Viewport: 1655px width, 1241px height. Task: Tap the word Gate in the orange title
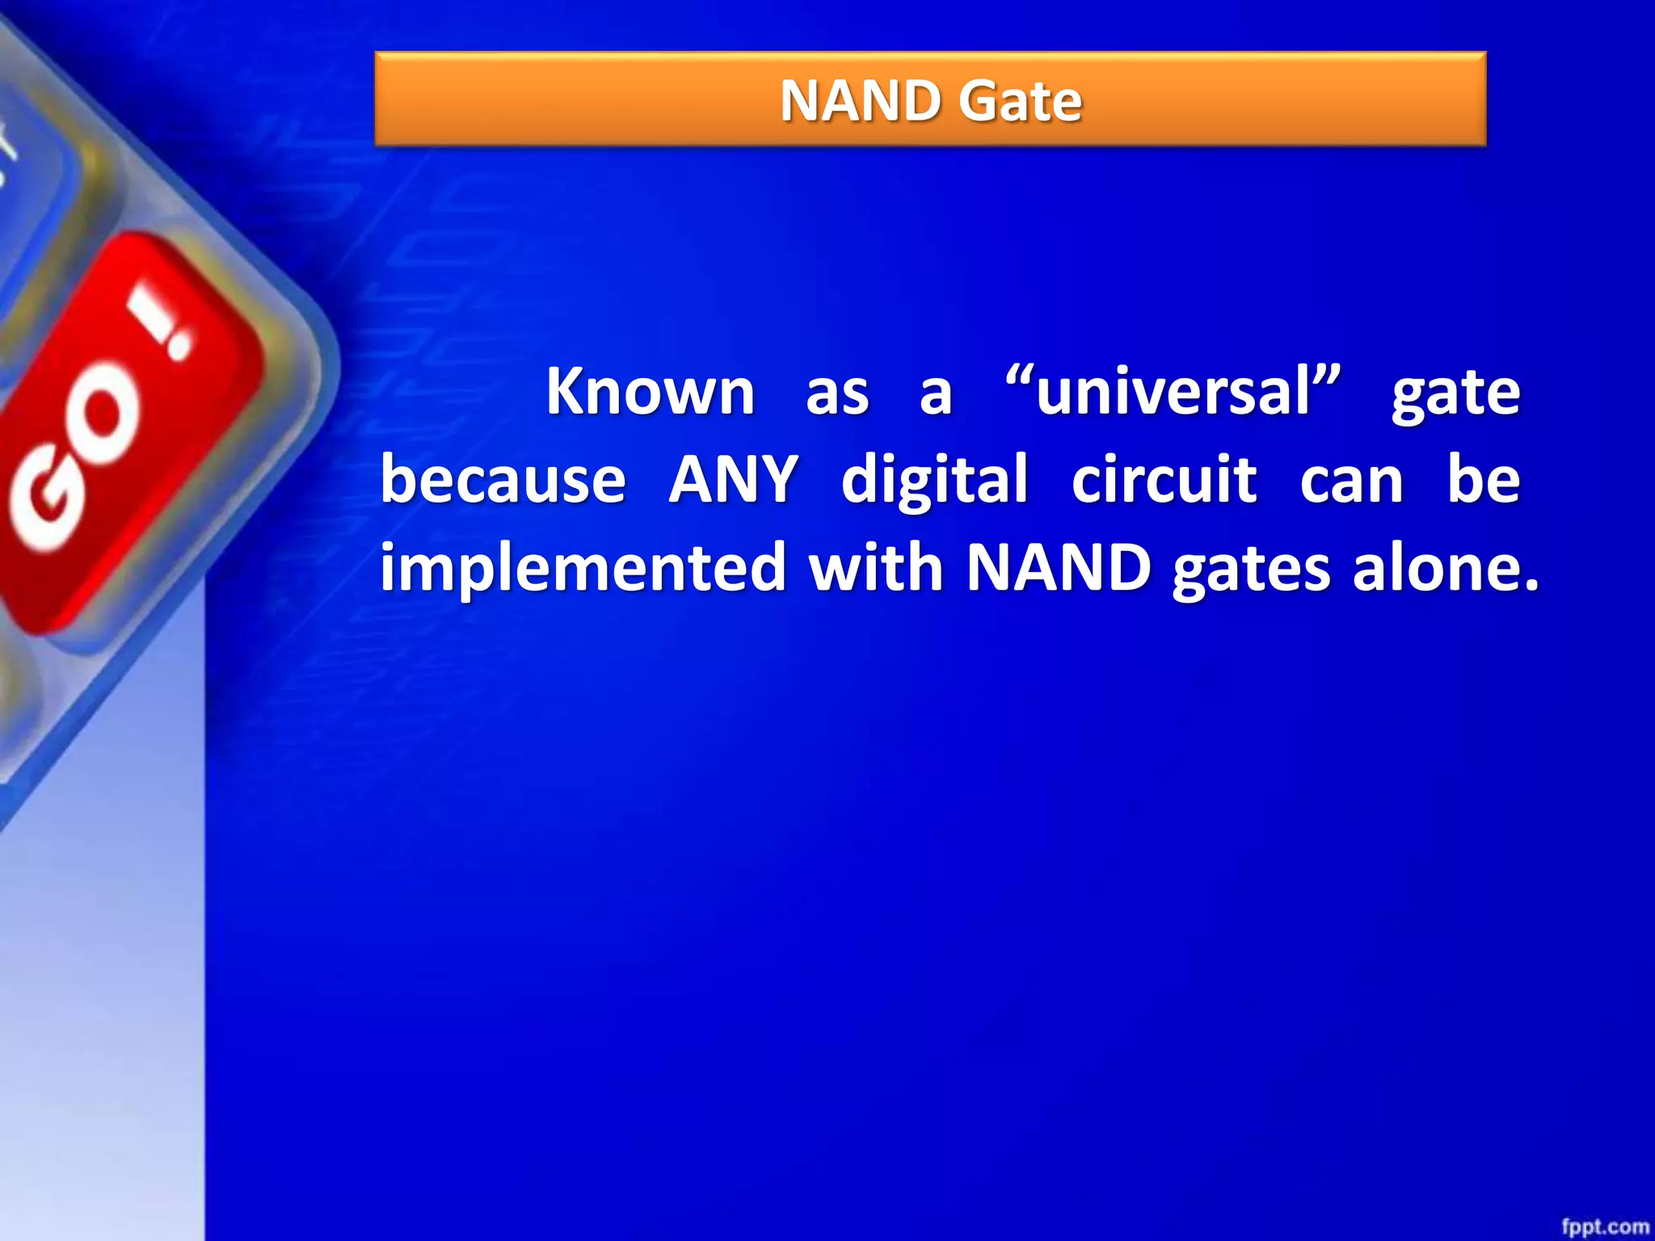1021,101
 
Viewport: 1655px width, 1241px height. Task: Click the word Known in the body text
651,392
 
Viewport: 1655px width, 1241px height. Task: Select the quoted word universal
1173,392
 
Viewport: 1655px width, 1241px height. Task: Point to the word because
503,480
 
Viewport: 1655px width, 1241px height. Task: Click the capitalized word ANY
734,480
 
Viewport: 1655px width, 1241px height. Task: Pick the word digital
935,480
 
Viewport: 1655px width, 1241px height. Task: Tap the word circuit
1164,480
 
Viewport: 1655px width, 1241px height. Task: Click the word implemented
583,567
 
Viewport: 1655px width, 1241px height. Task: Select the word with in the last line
876,567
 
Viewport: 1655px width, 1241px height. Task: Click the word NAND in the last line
1059,567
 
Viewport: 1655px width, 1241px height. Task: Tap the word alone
1446,567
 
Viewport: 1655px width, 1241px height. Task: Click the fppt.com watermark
1604,1226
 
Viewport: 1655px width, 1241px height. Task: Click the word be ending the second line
1483,480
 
